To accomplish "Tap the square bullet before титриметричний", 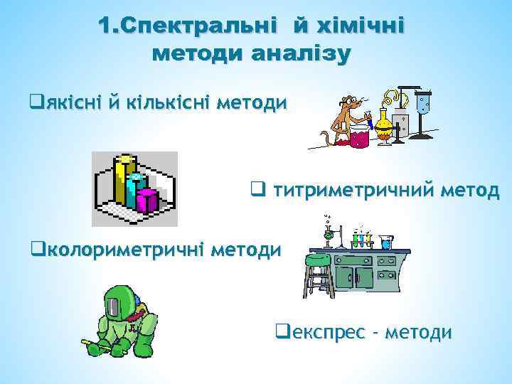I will pyautogui.click(x=257, y=190).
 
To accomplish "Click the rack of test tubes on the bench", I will pyautogui.click(x=363, y=240).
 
